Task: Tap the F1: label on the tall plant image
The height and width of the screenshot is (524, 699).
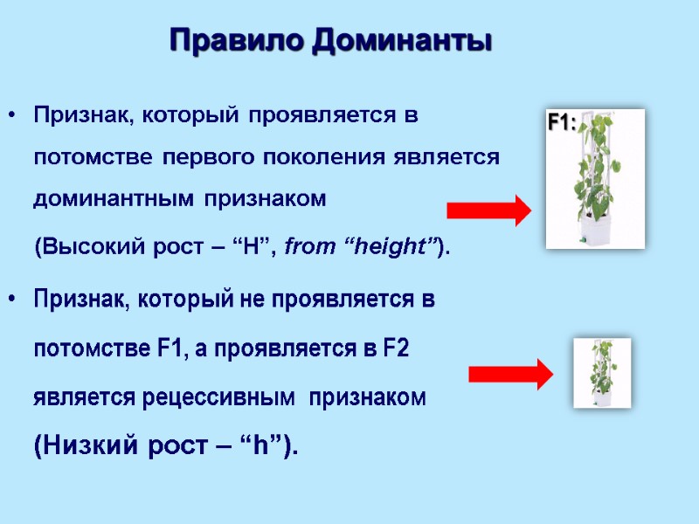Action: [x=561, y=123]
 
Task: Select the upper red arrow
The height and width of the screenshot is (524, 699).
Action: [x=488, y=211]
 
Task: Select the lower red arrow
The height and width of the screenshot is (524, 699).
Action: [x=511, y=374]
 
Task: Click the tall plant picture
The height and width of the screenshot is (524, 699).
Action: [x=595, y=179]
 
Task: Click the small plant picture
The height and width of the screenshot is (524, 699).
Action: [x=601, y=373]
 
